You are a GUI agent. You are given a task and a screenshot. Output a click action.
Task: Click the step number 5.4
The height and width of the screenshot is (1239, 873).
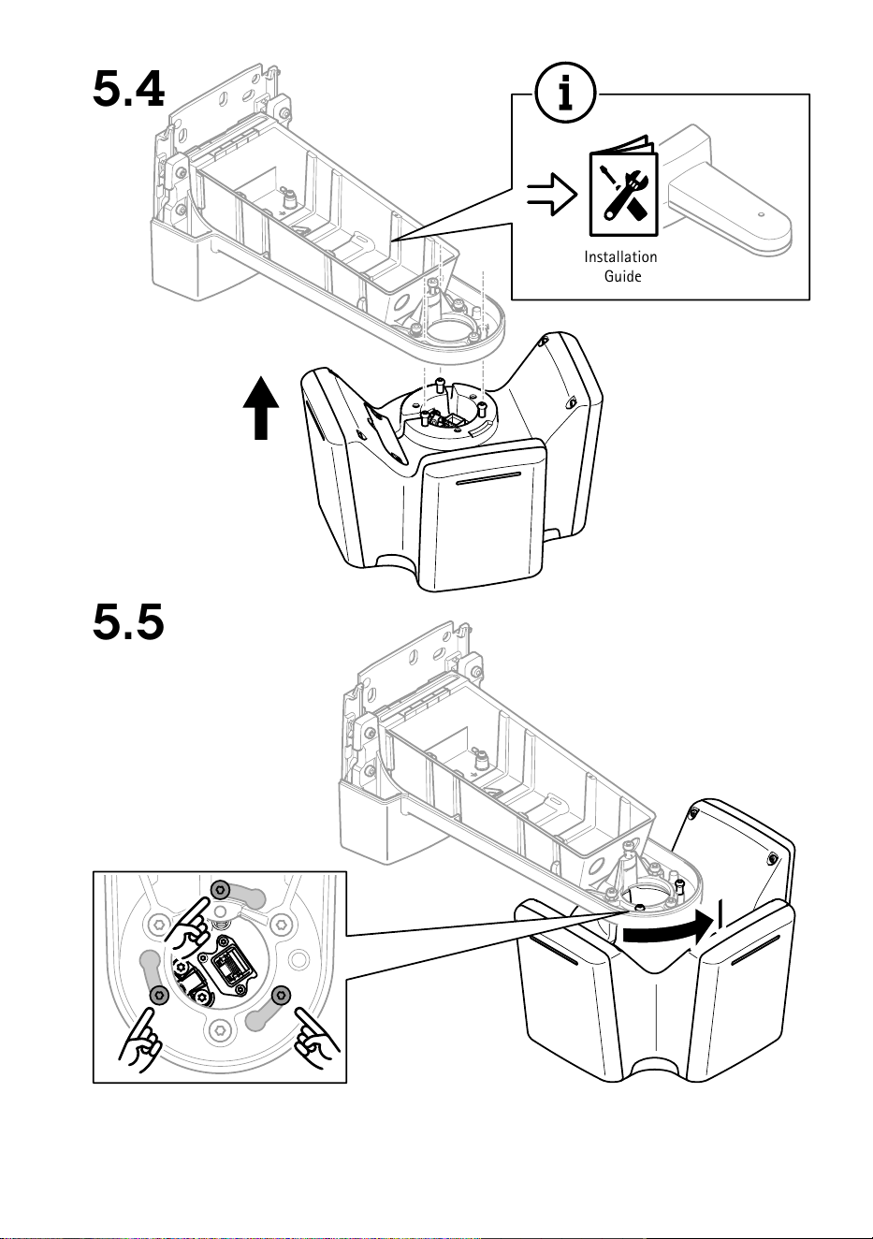coord(128,89)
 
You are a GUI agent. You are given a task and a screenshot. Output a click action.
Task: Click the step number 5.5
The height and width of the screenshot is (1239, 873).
coord(128,621)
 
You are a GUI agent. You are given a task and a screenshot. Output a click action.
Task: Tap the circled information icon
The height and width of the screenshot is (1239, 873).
coord(565,93)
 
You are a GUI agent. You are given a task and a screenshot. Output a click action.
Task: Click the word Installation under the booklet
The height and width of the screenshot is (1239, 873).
coord(620,256)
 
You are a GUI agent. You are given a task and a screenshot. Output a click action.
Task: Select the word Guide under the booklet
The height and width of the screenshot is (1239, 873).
coord(622,276)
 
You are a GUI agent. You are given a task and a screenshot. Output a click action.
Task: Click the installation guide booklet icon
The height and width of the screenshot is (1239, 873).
coord(623,186)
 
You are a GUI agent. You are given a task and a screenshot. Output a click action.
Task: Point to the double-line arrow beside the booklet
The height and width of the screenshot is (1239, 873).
coord(551,194)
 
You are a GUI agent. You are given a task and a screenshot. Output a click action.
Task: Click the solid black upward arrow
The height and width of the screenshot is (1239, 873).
coord(261,408)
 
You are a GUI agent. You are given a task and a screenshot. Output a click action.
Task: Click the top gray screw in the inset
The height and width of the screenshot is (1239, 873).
coord(220,889)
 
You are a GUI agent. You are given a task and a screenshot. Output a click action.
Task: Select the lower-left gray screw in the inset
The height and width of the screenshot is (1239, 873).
coord(159,995)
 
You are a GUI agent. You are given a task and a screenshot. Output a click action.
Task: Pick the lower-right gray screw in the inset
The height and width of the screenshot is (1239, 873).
coord(281,994)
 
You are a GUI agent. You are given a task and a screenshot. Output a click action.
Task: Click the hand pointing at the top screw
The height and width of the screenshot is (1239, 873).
coord(189,927)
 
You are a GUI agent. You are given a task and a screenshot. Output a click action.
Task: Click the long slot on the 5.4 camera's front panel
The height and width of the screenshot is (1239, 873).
coord(487,479)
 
